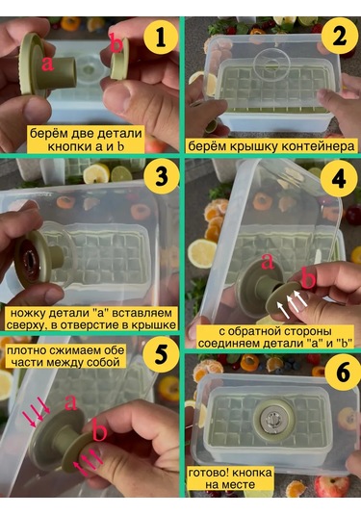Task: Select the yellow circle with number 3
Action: click(x=158, y=178)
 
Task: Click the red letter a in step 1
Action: click(x=45, y=64)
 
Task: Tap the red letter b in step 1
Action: click(x=116, y=43)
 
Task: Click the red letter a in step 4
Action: click(x=268, y=259)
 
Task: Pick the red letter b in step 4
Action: click(x=308, y=279)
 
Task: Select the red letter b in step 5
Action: click(x=99, y=430)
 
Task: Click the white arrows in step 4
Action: click(x=288, y=304)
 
